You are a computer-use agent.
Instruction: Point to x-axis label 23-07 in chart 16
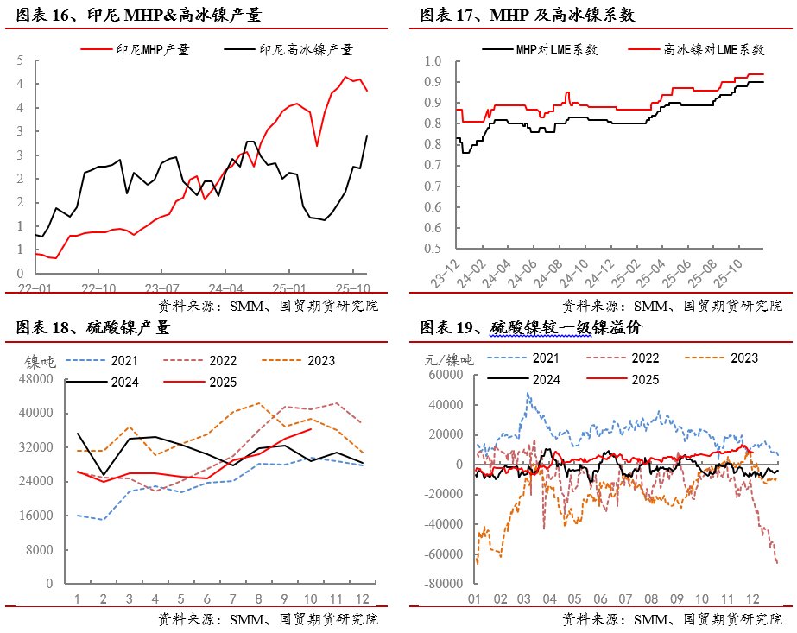tap(161, 288)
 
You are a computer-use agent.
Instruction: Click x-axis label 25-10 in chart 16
tap(354, 288)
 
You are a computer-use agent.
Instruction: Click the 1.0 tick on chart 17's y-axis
tap(433, 61)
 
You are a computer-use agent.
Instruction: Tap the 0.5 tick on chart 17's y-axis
tap(433, 249)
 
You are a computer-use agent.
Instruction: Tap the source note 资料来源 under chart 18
tap(268, 619)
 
